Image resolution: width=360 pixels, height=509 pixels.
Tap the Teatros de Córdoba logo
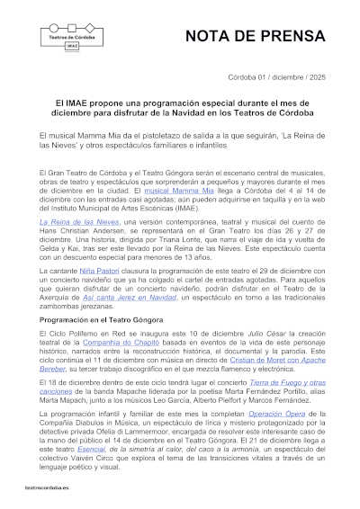coord(72,37)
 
